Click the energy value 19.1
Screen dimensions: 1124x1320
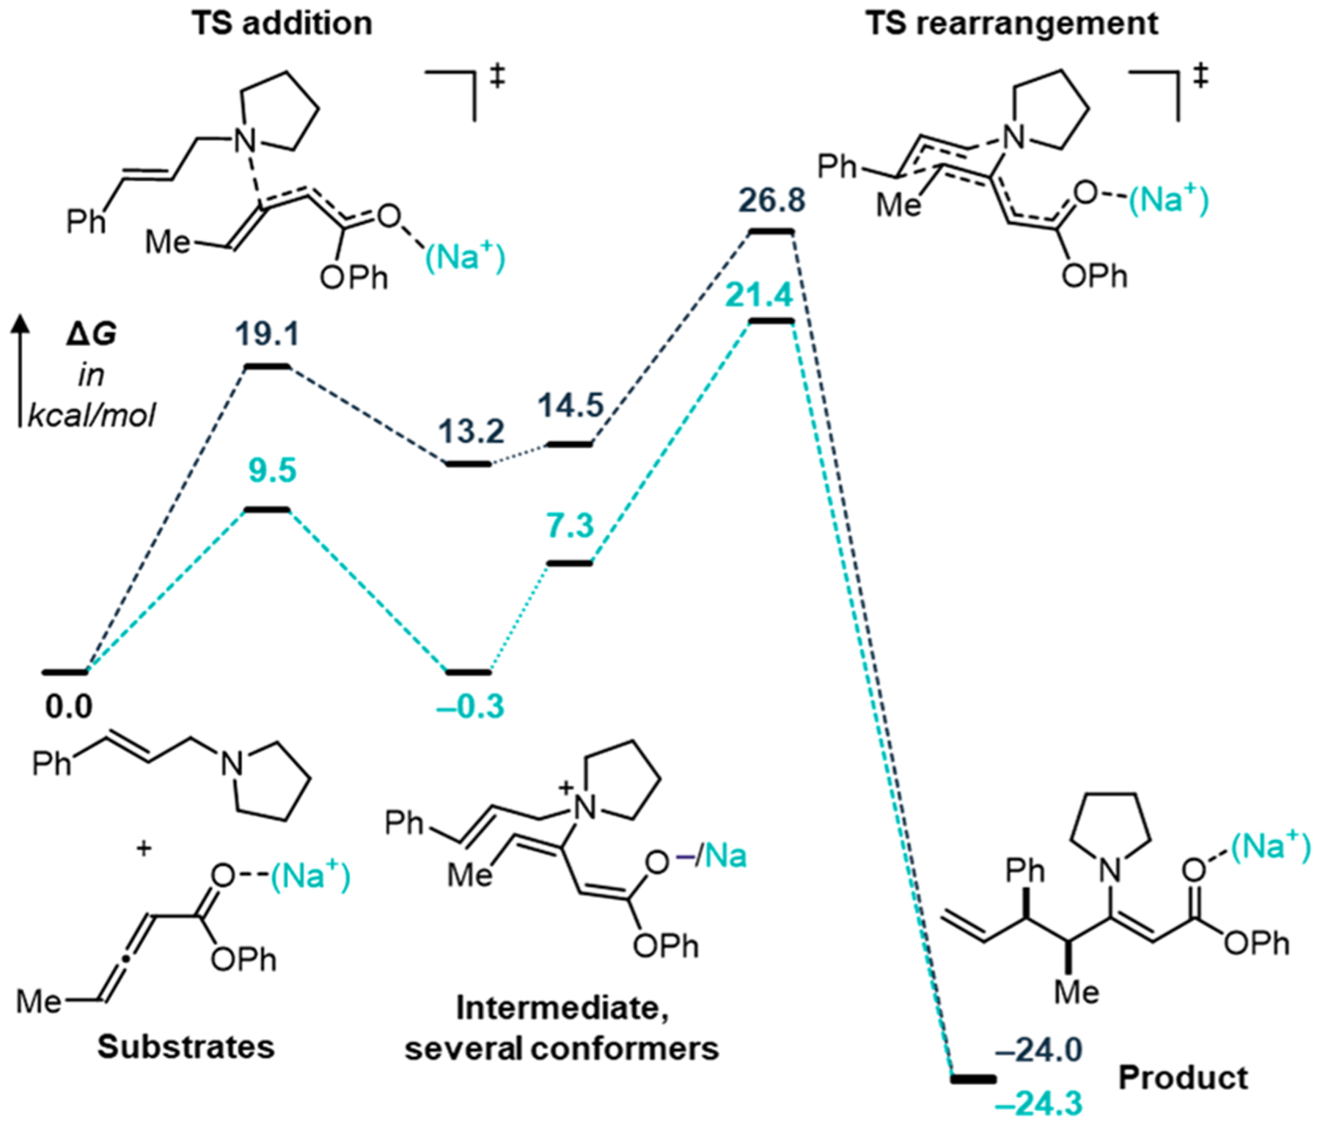[268, 334]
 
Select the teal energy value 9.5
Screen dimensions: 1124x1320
[272, 470]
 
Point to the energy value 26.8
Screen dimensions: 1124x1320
[771, 200]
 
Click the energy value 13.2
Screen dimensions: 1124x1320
[472, 431]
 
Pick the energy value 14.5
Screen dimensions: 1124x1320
[571, 405]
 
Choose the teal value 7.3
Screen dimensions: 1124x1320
[570, 526]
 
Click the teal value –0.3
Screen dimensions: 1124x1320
[470, 707]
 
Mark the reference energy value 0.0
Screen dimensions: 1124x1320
[68, 707]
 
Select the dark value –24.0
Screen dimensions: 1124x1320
[1038, 1050]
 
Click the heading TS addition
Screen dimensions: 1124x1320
[282, 23]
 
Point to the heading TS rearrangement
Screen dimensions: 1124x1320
[1012, 23]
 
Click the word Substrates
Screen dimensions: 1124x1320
[186, 1046]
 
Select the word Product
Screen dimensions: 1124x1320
[1182, 1078]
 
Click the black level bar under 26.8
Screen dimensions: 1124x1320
[771, 232]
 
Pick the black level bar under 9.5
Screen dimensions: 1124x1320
[267, 510]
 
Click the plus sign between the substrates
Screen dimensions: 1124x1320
[144, 849]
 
